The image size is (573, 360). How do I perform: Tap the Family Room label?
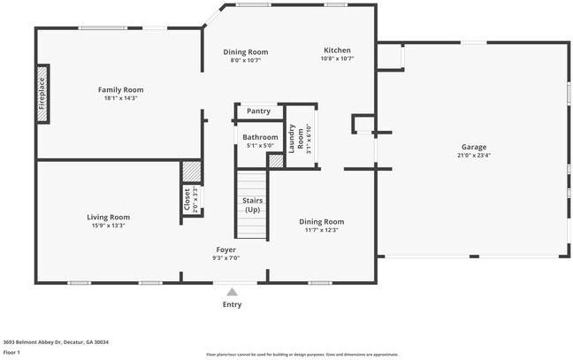pos(120,89)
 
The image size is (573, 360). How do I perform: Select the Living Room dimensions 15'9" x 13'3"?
pos(108,226)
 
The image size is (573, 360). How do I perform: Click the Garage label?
pos(473,147)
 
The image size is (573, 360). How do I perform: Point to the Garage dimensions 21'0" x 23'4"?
pos(473,156)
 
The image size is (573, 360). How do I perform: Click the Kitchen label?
pos(337,50)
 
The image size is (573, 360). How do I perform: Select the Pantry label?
pos(258,111)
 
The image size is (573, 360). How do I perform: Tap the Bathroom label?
pos(260,137)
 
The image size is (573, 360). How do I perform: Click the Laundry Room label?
pos(300,137)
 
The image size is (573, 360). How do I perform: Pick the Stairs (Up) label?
pos(252,205)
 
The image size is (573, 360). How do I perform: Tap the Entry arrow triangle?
pos(232,291)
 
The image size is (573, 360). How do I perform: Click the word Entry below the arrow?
pos(232,304)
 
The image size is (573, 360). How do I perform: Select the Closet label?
pos(187,200)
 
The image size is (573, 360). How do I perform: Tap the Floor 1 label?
pos(11,351)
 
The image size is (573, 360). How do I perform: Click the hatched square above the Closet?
pos(191,171)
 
